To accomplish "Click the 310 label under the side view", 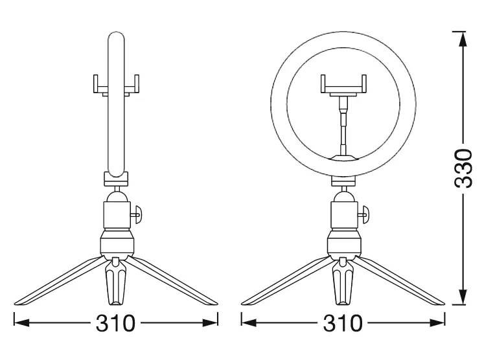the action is click(115, 322).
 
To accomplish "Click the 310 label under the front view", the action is click(343, 322).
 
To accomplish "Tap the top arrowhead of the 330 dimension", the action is click(463, 39).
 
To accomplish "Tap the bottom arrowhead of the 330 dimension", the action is click(463, 297).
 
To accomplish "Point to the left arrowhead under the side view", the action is click(22, 322).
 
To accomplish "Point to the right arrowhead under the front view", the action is click(437, 322).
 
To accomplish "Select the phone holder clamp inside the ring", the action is click(343, 85).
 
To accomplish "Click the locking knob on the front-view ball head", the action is click(365, 214).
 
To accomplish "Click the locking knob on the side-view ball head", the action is click(137, 214).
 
